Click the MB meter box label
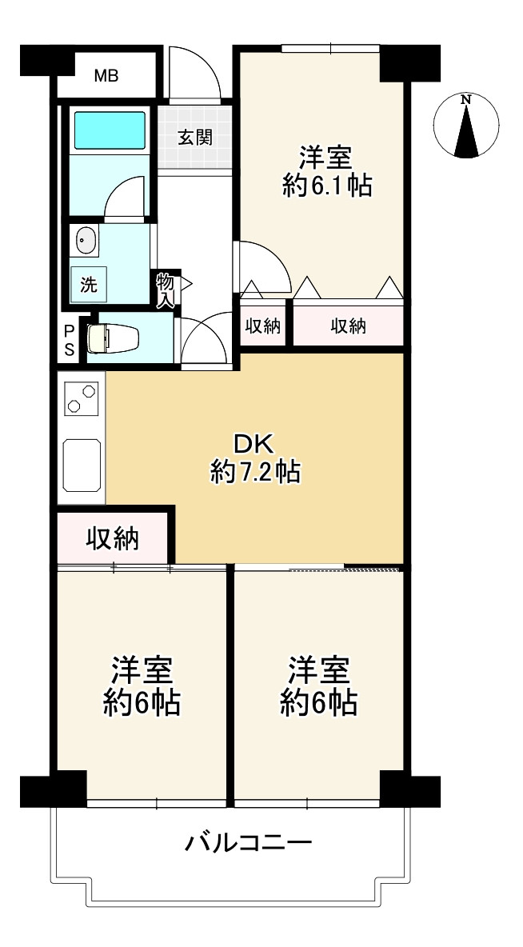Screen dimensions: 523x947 click(x=106, y=76)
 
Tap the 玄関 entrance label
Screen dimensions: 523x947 click(x=194, y=138)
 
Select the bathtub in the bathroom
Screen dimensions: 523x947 click(x=110, y=130)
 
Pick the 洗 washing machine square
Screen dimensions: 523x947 click(x=89, y=284)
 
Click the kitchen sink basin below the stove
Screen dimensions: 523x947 click(x=82, y=465)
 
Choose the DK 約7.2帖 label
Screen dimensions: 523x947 click(x=255, y=459)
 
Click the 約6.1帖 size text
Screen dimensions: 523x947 click(x=326, y=186)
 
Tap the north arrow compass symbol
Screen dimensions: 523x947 click(x=465, y=126)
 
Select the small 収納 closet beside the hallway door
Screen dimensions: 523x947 click(x=263, y=326)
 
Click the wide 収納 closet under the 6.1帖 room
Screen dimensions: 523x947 click(x=349, y=326)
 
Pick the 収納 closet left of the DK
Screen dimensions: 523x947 click(x=113, y=538)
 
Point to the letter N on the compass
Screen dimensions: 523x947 click(x=465, y=100)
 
